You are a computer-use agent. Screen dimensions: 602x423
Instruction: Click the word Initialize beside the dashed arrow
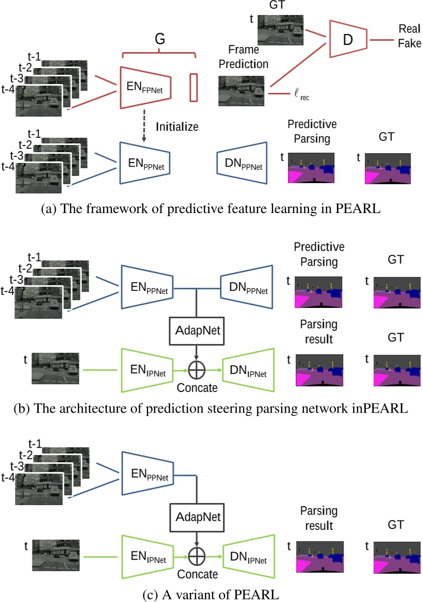tap(177, 126)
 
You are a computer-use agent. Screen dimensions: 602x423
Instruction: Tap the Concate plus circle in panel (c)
tap(197, 558)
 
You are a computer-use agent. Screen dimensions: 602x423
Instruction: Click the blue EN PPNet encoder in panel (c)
tap(148, 476)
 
